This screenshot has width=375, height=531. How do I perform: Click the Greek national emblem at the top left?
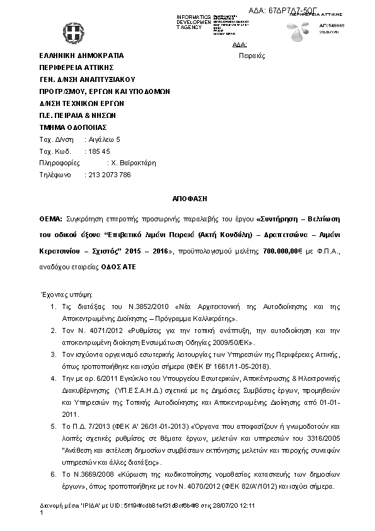click(71, 31)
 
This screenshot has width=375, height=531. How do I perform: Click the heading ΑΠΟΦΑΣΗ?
click(190, 198)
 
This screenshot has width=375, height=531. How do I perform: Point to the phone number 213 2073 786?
click(107, 175)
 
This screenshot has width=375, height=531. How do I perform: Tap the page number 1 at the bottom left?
click(41, 514)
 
